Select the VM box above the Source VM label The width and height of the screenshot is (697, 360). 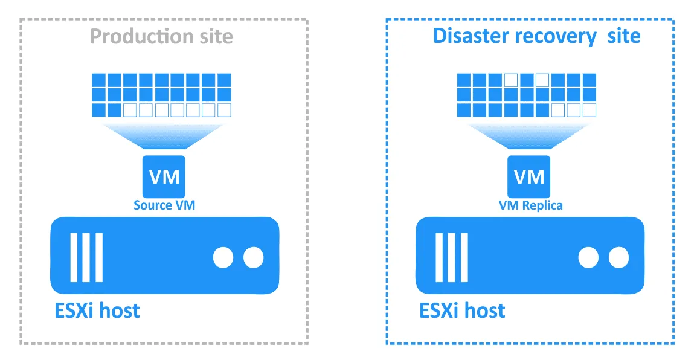[x=164, y=176]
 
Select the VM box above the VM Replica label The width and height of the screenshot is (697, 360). [x=528, y=176]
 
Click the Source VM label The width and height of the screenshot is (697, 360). [x=164, y=205]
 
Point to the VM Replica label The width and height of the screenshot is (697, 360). [x=530, y=205]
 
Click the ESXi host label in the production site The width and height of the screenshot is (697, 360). [x=97, y=310]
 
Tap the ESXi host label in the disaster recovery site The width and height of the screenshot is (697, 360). [x=463, y=310]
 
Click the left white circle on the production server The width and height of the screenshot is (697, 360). [x=223, y=258]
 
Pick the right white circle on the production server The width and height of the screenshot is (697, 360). [x=253, y=258]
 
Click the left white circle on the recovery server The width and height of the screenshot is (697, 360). [x=588, y=258]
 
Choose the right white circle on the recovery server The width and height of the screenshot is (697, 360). [x=618, y=258]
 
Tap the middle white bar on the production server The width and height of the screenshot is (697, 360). [x=86, y=258]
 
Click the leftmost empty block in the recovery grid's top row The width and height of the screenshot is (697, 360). [x=511, y=80]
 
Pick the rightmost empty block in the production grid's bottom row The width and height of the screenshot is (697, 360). [x=224, y=110]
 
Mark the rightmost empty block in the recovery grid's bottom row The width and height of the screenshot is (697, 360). [x=589, y=110]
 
